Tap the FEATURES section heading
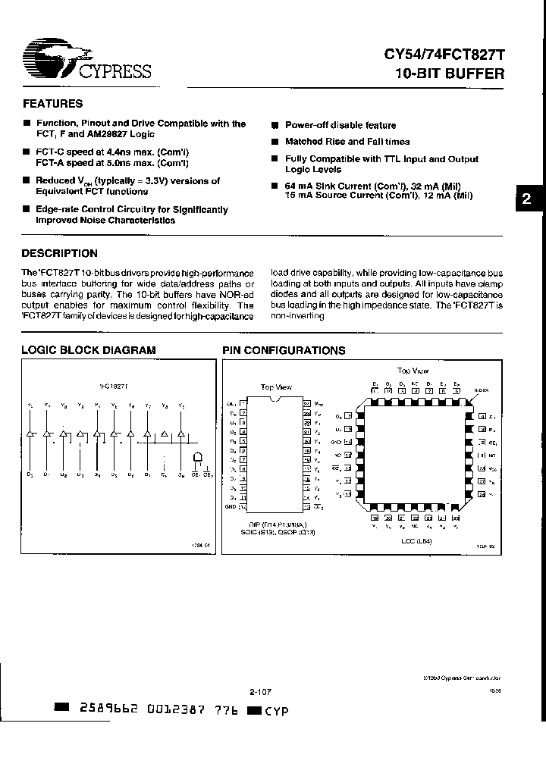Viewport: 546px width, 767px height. click(x=52, y=104)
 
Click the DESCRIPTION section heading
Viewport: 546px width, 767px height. click(x=59, y=253)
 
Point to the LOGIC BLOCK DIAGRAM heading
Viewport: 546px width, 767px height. click(x=88, y=350)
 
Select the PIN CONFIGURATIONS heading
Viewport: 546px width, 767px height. click(x=283, y=350)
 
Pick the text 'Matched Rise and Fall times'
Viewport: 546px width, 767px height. click(x=347, y=142)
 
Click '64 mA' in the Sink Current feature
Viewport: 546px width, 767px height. click(x=298, y=186)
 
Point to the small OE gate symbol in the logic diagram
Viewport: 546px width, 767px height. click(x=198, y=458)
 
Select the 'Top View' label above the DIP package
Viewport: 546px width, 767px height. click(x=276, y=387)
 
